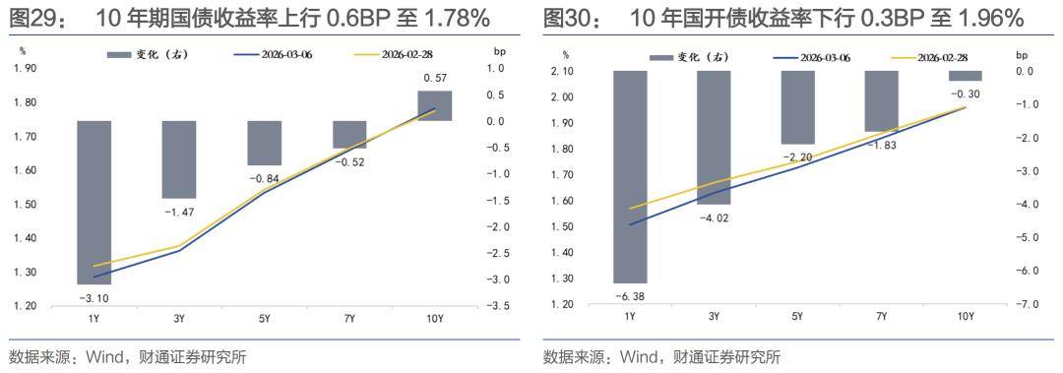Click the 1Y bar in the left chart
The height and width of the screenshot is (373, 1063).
click(95, 202)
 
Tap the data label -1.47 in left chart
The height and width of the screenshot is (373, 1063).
click(179, 213)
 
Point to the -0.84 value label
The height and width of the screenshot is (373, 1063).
click(264, 178)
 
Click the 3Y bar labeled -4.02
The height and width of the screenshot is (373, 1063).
click(714, 137)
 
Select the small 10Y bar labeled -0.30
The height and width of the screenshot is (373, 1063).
click(966, 76)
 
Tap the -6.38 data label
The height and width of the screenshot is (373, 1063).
click(629, 296)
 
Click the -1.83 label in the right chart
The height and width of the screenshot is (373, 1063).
click(881, 145)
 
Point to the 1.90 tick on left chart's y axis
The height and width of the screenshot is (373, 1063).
click(25, 68)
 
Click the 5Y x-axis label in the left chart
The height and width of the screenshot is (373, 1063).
click(264, 319)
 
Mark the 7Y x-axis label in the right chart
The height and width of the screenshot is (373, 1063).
click(881, 317)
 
